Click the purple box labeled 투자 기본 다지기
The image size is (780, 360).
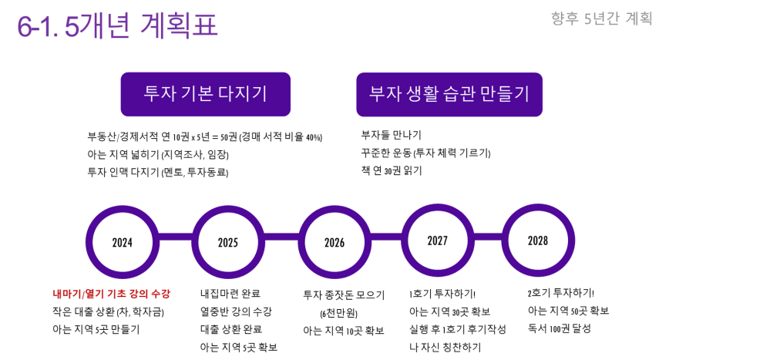206,95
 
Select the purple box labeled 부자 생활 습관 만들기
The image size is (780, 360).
449,95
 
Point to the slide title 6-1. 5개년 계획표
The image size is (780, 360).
117,26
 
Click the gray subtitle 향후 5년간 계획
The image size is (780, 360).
602,19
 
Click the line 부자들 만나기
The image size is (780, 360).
391,134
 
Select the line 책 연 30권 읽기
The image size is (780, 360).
392,170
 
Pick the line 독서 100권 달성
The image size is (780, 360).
560,328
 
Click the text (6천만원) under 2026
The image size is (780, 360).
339,313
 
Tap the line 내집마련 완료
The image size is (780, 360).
230,293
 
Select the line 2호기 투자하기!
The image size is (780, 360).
561,292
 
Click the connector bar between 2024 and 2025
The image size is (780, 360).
175,242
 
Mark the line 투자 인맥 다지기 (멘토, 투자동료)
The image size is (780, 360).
161,172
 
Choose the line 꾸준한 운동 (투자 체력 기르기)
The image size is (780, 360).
425,153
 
